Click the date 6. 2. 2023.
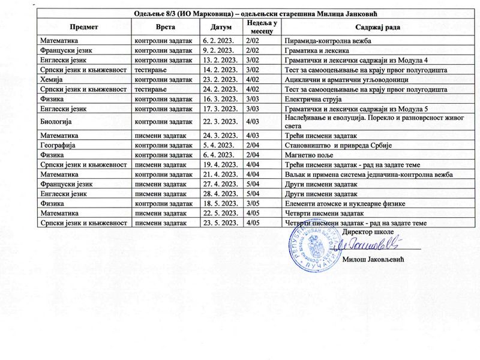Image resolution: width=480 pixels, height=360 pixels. click(x=218, y=41)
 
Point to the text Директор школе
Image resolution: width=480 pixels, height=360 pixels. click(x=370, y=231)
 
